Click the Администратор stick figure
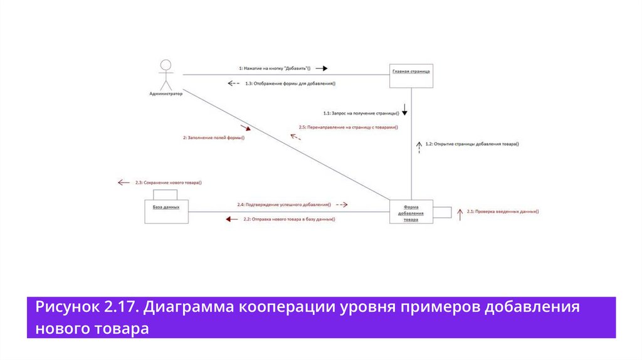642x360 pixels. pyautogui.click(x=166, y=75)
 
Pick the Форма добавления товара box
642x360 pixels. pyautogui.click(x=411, y=212)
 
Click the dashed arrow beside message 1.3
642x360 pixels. pyautogui.click(x=233, y=83)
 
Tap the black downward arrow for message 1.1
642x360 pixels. pyautogui.click(x=405, y=112)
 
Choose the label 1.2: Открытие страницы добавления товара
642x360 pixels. pyautogui.click(x=472, y=144)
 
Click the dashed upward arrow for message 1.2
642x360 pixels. pyautogui.click(x=419, y=146)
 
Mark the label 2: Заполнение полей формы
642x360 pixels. pyautogui.click(x=213, y=138)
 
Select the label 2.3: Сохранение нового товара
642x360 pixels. pyautogui.click(x=168, y=183)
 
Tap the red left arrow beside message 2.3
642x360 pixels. pyautogui.click(x=124, y=183)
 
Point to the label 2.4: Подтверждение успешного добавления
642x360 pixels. pyautogui.click(x=284, y=204)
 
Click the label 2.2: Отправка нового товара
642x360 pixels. pyautogui.click(x=289, y=220)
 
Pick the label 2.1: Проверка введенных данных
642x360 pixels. pyautogui.click(x=503, y=212)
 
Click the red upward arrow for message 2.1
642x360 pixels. pyautogui.click(x=460, y=214)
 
